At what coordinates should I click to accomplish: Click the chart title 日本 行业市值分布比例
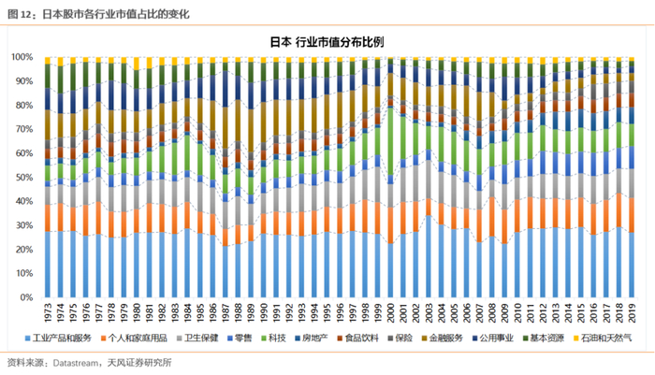[327, 42]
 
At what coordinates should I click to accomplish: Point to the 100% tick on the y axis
[23, 56]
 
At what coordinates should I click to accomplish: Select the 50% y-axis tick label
[25, 177]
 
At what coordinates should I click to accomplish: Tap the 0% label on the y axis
[29, 297]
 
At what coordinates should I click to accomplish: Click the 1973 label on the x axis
[48, 311]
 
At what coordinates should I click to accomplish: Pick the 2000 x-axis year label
[390, 311]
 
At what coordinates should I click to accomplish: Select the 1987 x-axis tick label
[226, 311]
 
